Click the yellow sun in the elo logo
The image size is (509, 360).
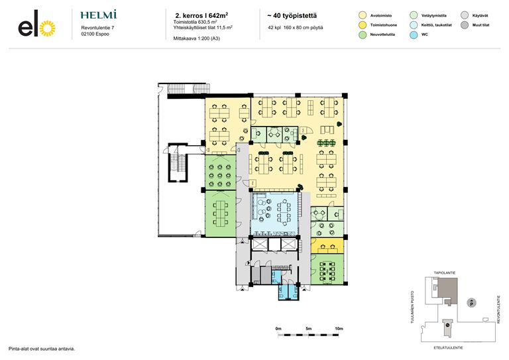click(x=48, y=29)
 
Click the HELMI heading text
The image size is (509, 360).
click(x=98, y=15)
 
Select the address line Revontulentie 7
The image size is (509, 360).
click(x=97, y=28)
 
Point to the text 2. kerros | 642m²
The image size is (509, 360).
click(x=201, y=15)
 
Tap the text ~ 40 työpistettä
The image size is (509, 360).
click(x=292, y=16)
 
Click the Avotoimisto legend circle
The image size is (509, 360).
click(x=363, y=15)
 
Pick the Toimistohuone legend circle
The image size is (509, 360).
click(x=363, y=25)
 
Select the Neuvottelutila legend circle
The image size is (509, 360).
click(x=363, y=34)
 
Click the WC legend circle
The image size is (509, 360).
click(x=414, y=34)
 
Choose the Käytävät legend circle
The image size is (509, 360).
click(x=465, y=15)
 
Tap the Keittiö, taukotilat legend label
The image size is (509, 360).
click(x=436, y=25)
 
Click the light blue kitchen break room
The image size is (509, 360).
click(x=275, y=213)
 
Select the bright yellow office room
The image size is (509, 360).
click(x=327, y=246)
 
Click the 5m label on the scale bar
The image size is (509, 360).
click(x=308, y=329)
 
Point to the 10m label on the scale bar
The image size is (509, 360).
click(x=339, y=329)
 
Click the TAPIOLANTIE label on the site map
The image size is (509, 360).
click(x=445, y=273)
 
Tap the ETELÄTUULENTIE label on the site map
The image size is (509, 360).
click(x=448, y=347)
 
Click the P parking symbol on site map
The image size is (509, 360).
click(x=471, y=303)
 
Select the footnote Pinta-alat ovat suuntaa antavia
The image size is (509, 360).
click(x=42, y=349)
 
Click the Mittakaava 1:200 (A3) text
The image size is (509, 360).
click(x=196, y=38)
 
